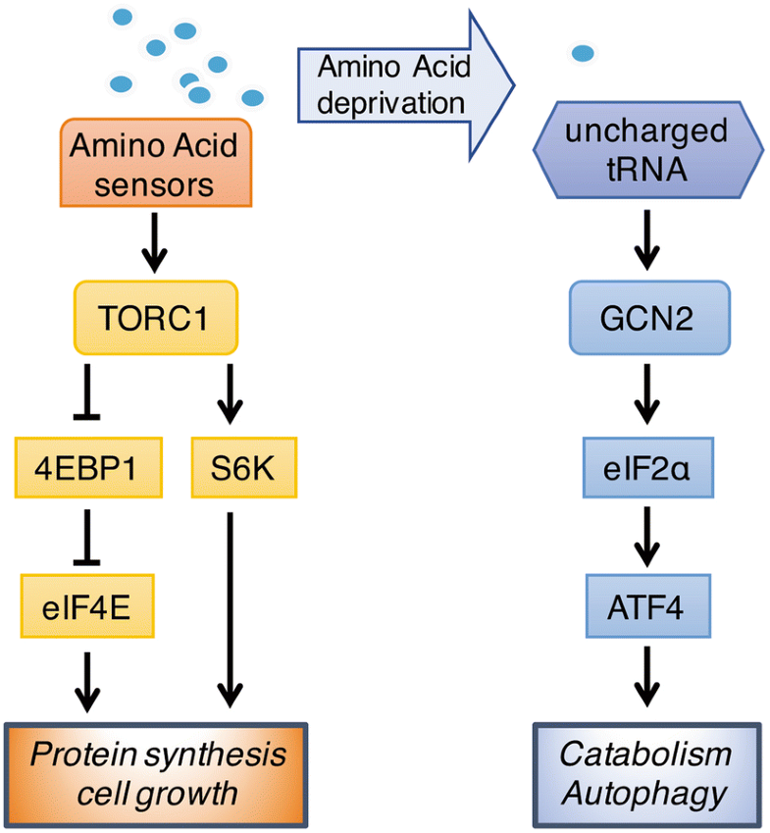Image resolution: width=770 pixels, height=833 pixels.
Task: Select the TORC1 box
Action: [155, 318]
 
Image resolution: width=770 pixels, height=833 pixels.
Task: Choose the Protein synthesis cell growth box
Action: [157, 772]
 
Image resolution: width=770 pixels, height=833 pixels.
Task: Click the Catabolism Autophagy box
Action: [646, 772]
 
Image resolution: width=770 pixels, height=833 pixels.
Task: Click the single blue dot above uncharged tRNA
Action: [582, 53]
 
